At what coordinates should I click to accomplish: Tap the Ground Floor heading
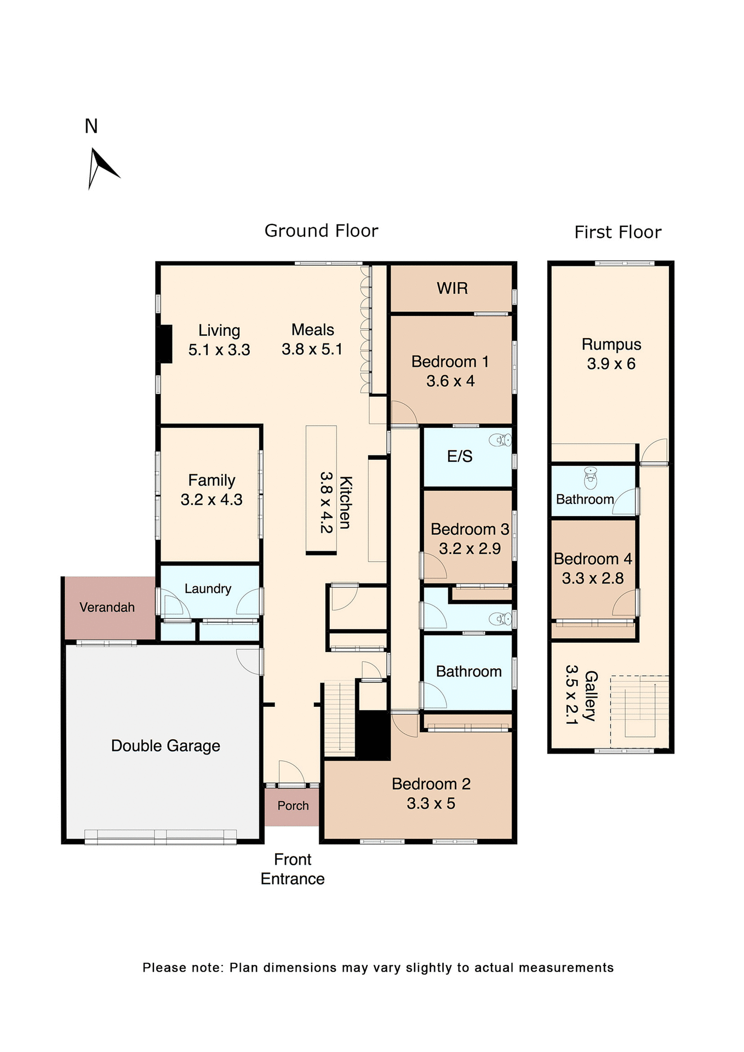pyautogui.click(x=321, y=231)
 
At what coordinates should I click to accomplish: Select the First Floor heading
pyautogui.click(x=617, y=232)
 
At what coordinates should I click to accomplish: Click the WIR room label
pyautogui.click(x=452, y=288)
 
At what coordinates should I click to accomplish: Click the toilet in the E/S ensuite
pyautogui.click(x=500, y=439)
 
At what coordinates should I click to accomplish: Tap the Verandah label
pyautogui.click(x=107, y=607)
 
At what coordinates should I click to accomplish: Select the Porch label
pyautogui.click(x=293, y=805)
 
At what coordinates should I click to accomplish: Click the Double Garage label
pyautogui.click(x=165, y=746)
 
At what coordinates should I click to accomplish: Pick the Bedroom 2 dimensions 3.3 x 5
pyautogui.click(x=431, y=803)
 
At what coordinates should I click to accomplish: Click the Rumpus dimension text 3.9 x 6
pyautogui.click(x=611, y=364)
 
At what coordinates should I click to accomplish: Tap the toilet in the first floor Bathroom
pyautogui.click(x=590, y=478)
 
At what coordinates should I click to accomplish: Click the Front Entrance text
pyautogui.click(x=293, y=869)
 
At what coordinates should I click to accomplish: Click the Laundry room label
pyautogui.click(x=208, y=588)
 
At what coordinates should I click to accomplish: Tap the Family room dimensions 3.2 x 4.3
pyautogui.click(x=211, y=500)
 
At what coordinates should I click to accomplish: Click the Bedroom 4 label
pyautogui.click(x=593, y=559)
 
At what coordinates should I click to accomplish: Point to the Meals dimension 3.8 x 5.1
pyautogui.click(x=312, y=349)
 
